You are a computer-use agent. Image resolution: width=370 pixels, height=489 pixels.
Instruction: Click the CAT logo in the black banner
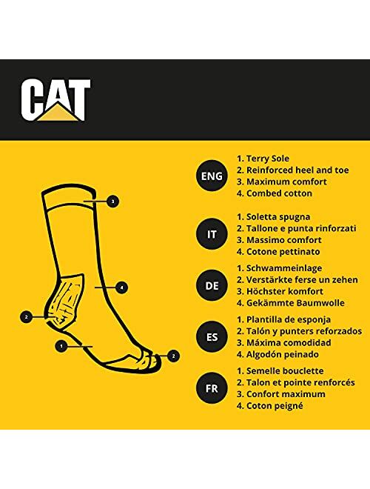click(x=55, y=99)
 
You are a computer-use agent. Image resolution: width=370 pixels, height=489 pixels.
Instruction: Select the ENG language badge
click(x=208, y=176)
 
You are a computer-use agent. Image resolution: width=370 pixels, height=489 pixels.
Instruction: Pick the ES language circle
click(x=208, y=336)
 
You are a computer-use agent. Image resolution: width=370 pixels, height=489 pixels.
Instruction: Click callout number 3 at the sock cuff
click(x=111, y=201)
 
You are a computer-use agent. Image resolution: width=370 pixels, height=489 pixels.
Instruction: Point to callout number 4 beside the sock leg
click(x=121, y=287)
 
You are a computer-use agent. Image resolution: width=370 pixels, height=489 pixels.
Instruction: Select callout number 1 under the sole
click(x=61, y=345)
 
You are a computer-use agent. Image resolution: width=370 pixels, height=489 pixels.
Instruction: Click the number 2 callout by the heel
click(x=26, y=316)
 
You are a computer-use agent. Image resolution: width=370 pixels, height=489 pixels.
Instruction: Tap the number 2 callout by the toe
click(x=173, y=356)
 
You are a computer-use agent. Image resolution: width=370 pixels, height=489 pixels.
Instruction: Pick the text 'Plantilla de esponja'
click(x=291, y=319)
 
